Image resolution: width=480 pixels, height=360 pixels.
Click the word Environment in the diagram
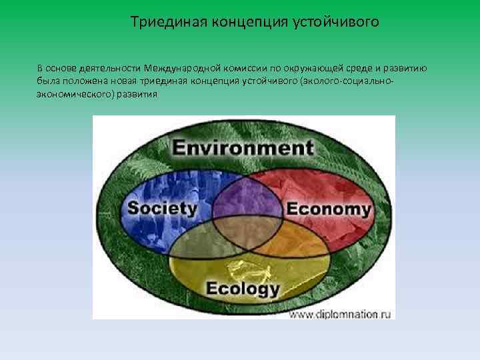click(x=243, y=147)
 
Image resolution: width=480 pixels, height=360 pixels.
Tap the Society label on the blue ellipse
click(x=162, y=208)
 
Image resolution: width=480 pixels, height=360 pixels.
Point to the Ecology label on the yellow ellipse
click(x=243, y=289)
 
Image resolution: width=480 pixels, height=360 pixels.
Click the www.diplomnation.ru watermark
click(x=339, y=311)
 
